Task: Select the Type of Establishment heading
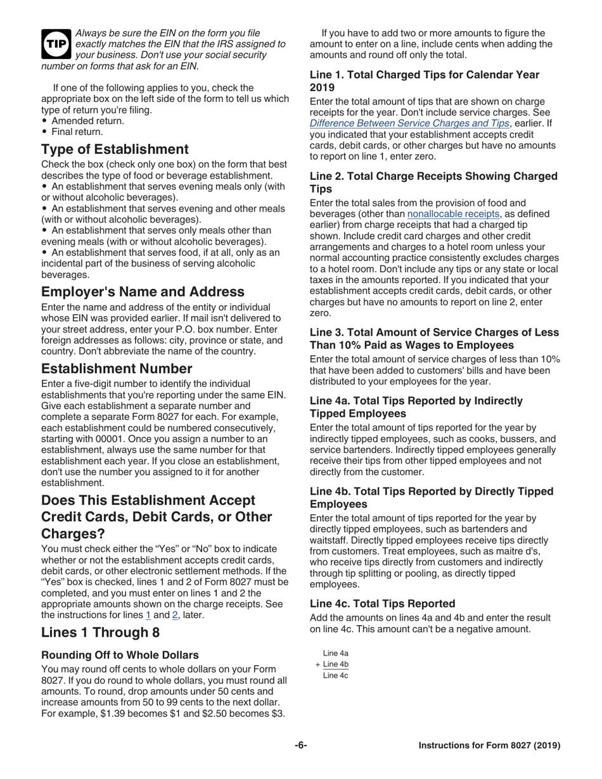pos(115,149)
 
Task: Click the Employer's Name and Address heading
pos(143,292)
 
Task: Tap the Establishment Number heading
pos(117,369)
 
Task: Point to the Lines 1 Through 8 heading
pos(100,633)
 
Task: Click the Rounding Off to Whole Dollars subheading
pos(120,655)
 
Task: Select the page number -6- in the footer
pos(301,745)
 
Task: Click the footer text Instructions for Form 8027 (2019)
pos(489,745)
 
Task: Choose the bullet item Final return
pos(77,132)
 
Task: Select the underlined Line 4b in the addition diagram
pos(335,664)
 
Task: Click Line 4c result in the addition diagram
pos(335,675)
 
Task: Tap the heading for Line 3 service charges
pos(434,339)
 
